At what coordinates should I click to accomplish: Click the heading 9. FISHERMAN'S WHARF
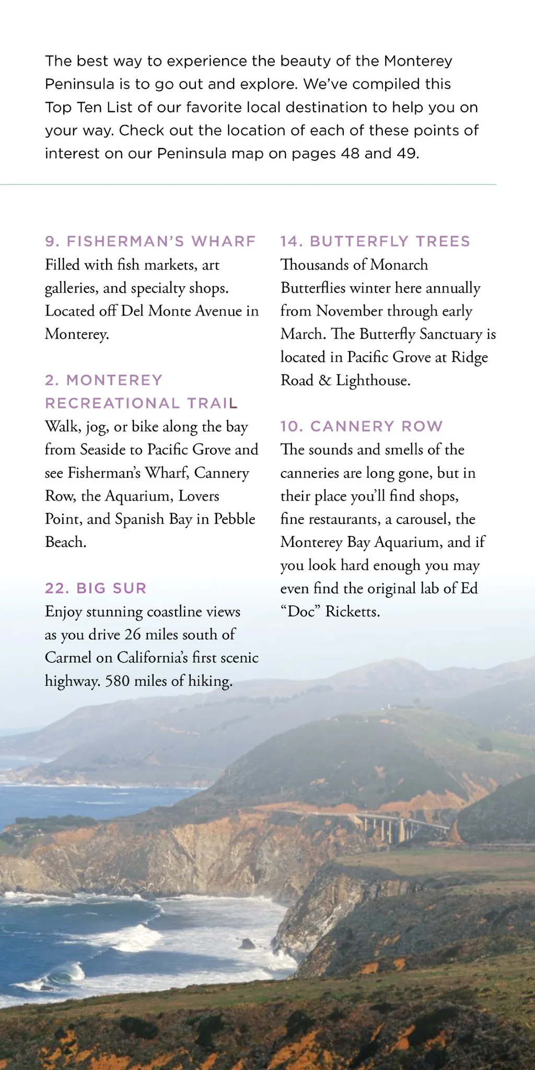coord(150,241)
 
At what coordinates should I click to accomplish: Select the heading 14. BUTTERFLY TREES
coord(375,241)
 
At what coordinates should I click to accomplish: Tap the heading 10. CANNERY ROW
coord(361,426)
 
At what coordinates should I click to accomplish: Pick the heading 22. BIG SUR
coord(96,588)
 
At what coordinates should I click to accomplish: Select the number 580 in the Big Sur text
coord(117,681)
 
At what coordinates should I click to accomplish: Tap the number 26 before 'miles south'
coord(133,635)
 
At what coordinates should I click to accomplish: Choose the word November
coord(351,311)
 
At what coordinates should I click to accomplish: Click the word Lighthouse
coord(373,381)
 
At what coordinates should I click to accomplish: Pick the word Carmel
coord(68,658)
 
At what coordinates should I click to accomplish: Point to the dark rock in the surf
coord(247,944)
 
